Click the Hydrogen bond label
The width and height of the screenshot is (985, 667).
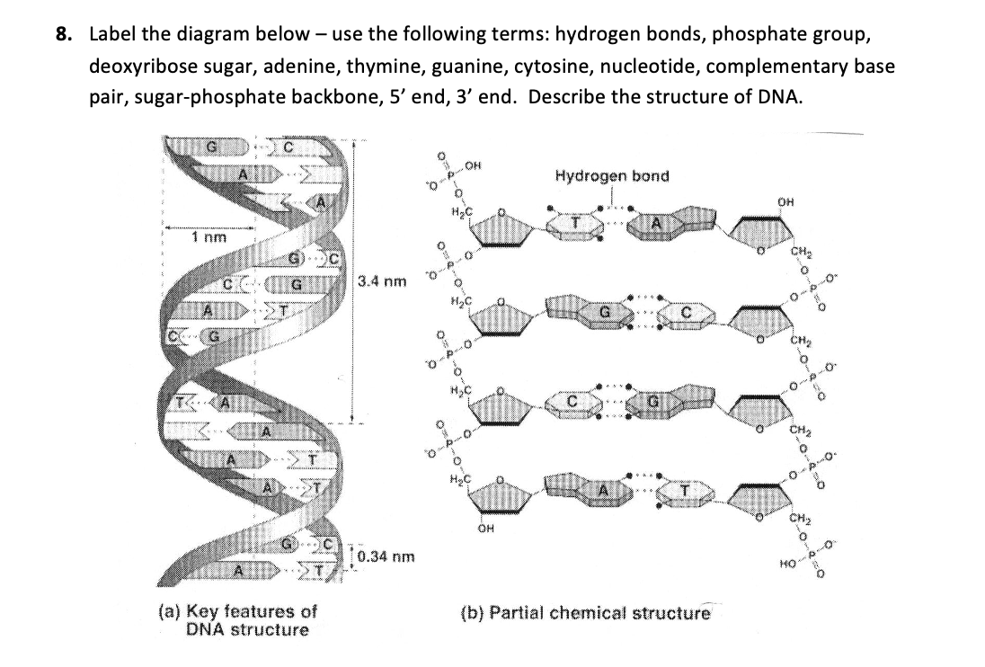(611, 175)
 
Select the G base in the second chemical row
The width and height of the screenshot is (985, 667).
(607, 311)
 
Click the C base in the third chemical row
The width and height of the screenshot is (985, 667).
(571, 400)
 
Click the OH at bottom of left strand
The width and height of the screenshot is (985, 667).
(486, 529)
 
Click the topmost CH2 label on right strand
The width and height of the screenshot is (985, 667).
(797, 252)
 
